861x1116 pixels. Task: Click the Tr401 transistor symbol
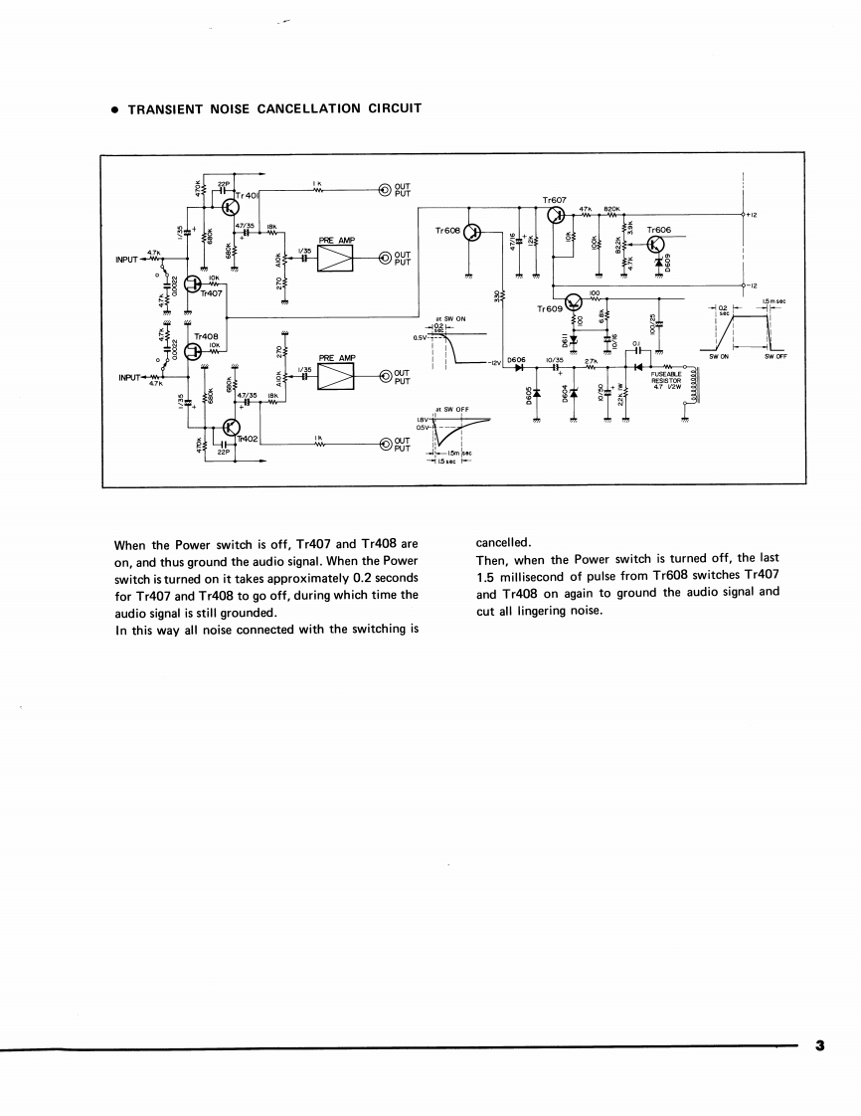pyautogui.click(x=229, y=206)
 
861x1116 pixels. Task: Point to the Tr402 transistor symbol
pyautogui.click(x=230, y=428)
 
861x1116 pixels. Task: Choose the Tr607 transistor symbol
pyautogui.click(x=555, y=216)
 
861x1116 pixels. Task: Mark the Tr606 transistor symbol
pyautogui.click(x=656, y=246)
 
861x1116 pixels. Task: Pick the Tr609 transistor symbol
pyautogui.click(x=574, y=302)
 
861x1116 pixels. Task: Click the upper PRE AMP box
pyautogui.click(x=336, y=259)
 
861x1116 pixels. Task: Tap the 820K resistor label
pyautogui.click(x=611, y=208)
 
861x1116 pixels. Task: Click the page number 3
pyautogui.click(x=819, y=1045)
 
